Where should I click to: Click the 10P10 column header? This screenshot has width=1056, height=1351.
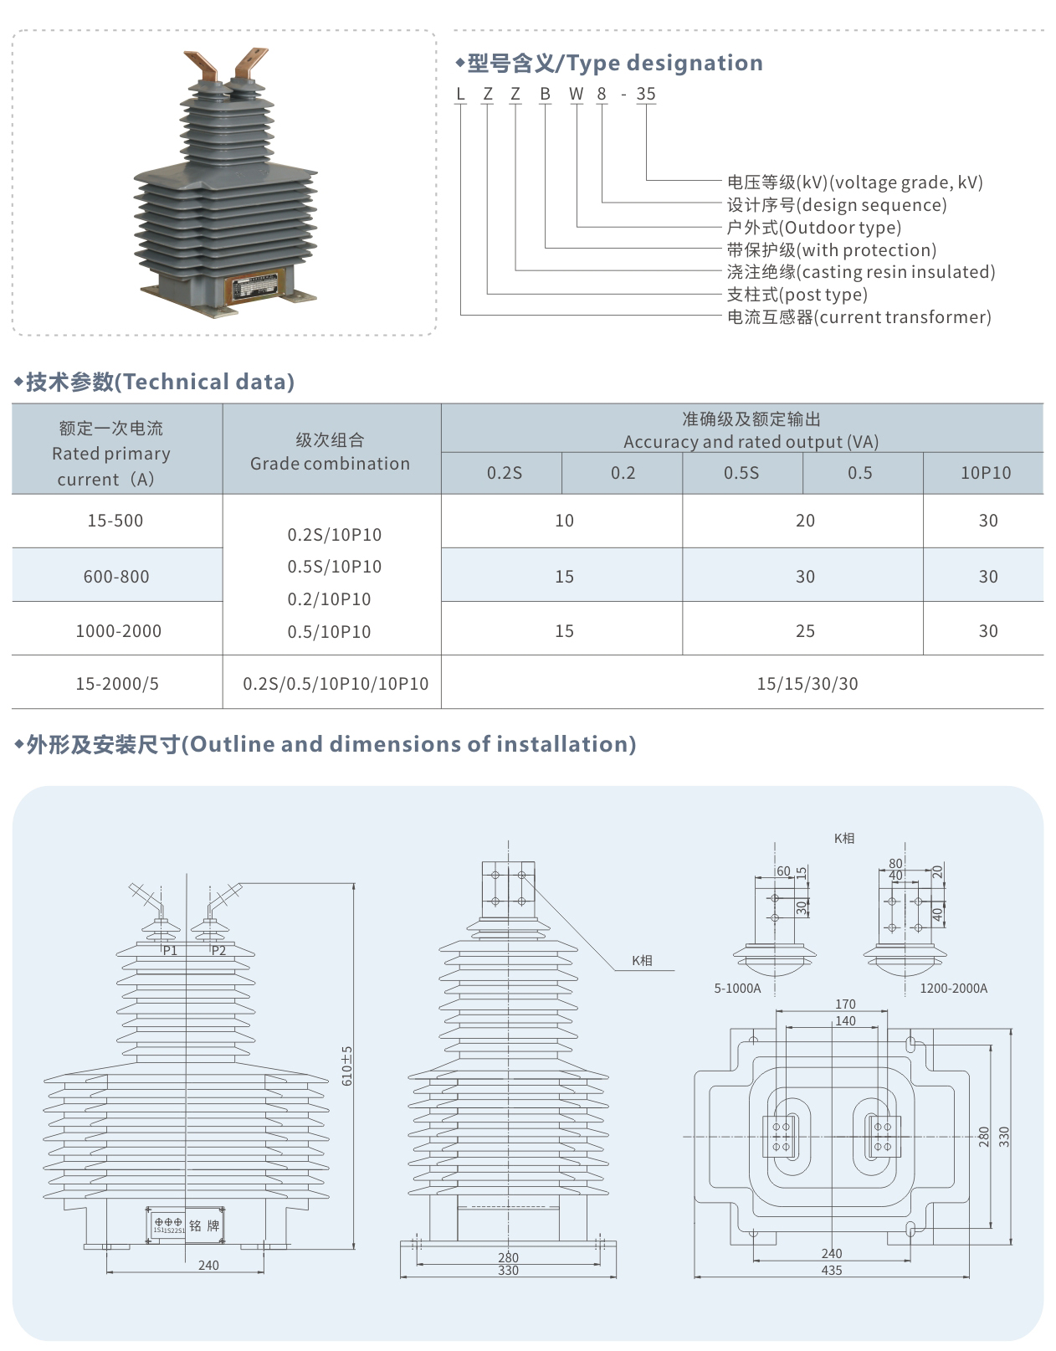tap(985, 473)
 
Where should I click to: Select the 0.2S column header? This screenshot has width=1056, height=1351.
tap(504, 473)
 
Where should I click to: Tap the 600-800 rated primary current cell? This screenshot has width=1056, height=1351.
tap(116, 576)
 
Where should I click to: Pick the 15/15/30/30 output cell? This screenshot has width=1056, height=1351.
tap(807, 683)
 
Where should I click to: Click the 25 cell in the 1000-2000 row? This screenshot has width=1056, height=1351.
tap(805, 630)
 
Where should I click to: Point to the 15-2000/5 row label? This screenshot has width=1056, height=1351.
tap(116, 683)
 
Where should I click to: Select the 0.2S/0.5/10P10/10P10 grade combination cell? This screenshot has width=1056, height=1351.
tap(335, 683)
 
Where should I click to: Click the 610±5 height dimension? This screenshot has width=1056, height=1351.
tap(347, 1065)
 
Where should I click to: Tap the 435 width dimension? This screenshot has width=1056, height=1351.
tap(832, 1270)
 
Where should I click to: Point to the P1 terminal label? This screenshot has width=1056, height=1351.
tap(170, 950)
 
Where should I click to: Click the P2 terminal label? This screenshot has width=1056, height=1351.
tap(218, 950)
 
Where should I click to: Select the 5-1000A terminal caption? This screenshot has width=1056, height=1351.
tap(737, 988)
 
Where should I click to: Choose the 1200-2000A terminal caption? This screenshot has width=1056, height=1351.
tap(953, 988)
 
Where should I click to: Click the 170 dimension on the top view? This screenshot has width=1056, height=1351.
tap(845, 1004)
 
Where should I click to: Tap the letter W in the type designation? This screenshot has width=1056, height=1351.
tap(576, 94)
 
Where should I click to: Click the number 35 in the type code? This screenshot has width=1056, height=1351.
tap(645, 94)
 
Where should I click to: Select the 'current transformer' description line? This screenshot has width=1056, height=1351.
tap(859, 316)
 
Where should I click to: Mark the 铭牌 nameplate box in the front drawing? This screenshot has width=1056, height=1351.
tap(187, 1225)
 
